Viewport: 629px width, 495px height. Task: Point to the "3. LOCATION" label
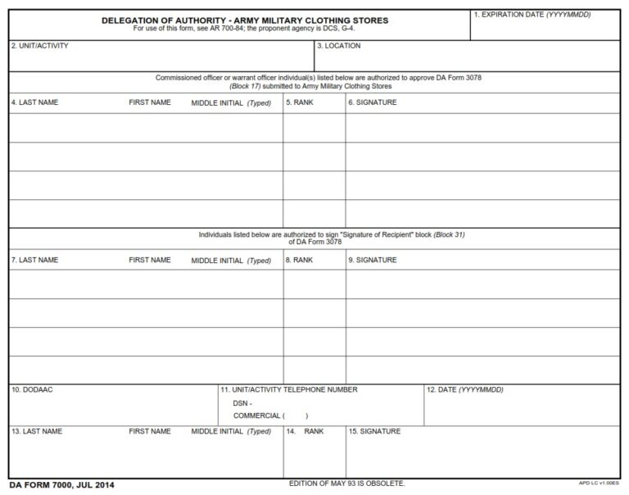[338, 46]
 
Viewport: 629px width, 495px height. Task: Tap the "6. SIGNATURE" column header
[373, 102]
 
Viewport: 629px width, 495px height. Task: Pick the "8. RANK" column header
[300, 260]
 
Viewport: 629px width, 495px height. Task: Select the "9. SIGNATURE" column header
[373, 260]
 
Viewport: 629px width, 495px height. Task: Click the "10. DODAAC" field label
[32, 389]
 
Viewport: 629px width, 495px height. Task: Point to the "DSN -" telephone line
[242, 403]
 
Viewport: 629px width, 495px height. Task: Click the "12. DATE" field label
[464, 389]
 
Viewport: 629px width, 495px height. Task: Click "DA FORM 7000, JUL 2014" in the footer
[62, 485]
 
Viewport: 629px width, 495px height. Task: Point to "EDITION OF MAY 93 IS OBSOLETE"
[346, 484]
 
